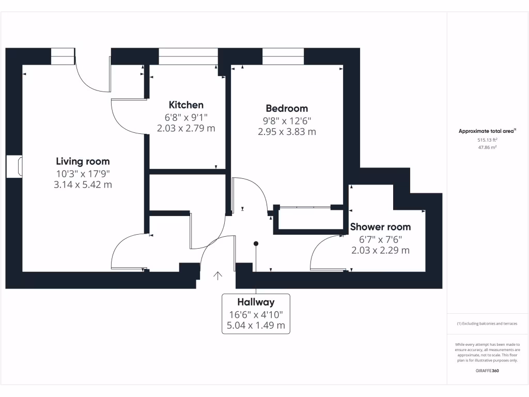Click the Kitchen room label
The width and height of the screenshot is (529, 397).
point(186,105)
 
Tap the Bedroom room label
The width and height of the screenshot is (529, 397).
point(287,108)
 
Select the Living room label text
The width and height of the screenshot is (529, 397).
point(83,161)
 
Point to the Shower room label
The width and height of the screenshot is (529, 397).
point(380,227)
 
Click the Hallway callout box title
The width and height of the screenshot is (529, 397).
point(256,302)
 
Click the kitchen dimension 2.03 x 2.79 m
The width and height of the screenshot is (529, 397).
point(186,128)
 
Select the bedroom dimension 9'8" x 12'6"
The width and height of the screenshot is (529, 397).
point(287,120)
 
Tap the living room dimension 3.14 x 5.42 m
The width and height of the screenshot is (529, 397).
point(83,185)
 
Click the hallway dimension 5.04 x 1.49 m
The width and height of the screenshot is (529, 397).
point(256,326)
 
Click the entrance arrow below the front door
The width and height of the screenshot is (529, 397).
point(217,276)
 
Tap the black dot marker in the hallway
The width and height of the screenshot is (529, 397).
point(256,243)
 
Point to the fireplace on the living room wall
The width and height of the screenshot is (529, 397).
point(17,166)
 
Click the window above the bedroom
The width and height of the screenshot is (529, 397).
point(283,56)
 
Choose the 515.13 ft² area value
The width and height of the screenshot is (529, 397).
point(487,140)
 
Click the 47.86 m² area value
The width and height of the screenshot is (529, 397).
point(487,147)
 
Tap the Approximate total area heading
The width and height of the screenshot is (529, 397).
point(487,131)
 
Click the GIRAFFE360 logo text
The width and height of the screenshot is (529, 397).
point(487,371)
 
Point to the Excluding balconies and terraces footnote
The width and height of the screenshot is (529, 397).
point(487,324)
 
